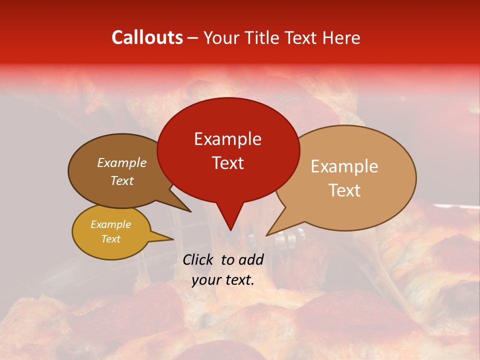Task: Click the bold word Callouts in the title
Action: (x=147, y=37)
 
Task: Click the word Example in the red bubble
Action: (x=227, y=139)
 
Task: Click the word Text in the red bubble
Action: (x=227, y=163)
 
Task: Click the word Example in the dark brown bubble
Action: (x=122, y=162)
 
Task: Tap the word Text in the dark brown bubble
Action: (x=122, y=180)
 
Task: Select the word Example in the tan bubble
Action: (x=344, y=166)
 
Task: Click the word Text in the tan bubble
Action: (x=344, y=190)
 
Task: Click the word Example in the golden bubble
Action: (x=110, y=224)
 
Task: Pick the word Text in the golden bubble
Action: (x=110, y=239)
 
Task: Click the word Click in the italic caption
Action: (x=198, y=259)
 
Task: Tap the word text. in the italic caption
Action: (x=238, y=280)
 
